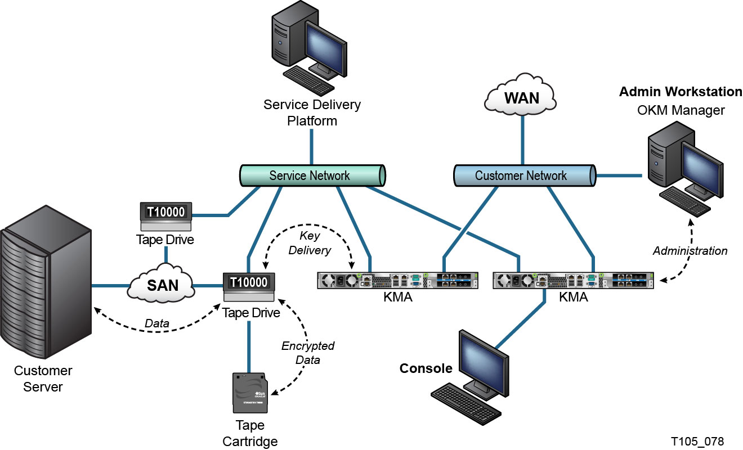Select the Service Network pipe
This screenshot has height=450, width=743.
tap(311, 175)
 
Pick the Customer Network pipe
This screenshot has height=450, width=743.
tap(521, 175)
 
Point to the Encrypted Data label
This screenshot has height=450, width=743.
tap(308, 353)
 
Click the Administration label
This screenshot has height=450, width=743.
tap(690, 251)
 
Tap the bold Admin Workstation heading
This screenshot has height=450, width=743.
tap(681, 92)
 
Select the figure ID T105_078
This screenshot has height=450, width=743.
tap(697, 440)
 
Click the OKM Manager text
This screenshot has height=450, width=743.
tap(681, 110)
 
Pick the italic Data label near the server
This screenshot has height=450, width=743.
tap(157, 323)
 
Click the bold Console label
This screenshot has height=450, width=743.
tap(426, 369)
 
